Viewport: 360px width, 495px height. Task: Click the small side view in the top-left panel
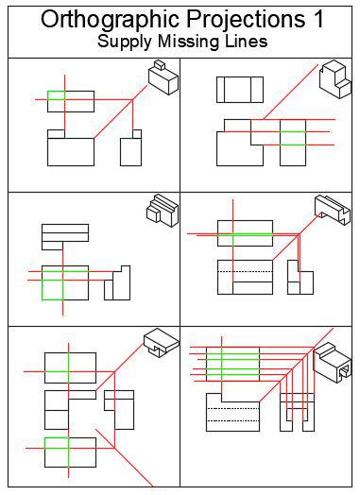[x=130, y=149]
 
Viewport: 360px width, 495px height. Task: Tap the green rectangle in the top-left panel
[x=57, y=95]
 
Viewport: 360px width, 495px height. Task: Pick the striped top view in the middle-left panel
[x=64, y=235]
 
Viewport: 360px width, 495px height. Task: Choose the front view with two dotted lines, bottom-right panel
[x=232, y=413]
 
